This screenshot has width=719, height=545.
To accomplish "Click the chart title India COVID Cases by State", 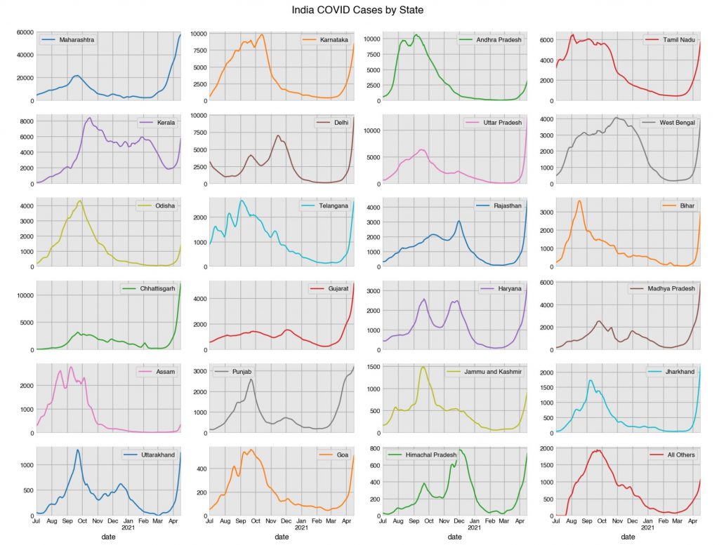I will (x=358, y=11).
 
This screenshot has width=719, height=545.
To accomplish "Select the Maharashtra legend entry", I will (x=77, y=40).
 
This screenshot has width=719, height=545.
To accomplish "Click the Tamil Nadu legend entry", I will (x=678, y=40).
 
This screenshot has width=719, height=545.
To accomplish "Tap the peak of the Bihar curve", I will (x=579, y=201).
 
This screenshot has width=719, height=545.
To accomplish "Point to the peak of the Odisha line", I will (x=80, y=201).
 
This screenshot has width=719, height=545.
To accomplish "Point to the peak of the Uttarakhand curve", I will (x=77, y=450).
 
